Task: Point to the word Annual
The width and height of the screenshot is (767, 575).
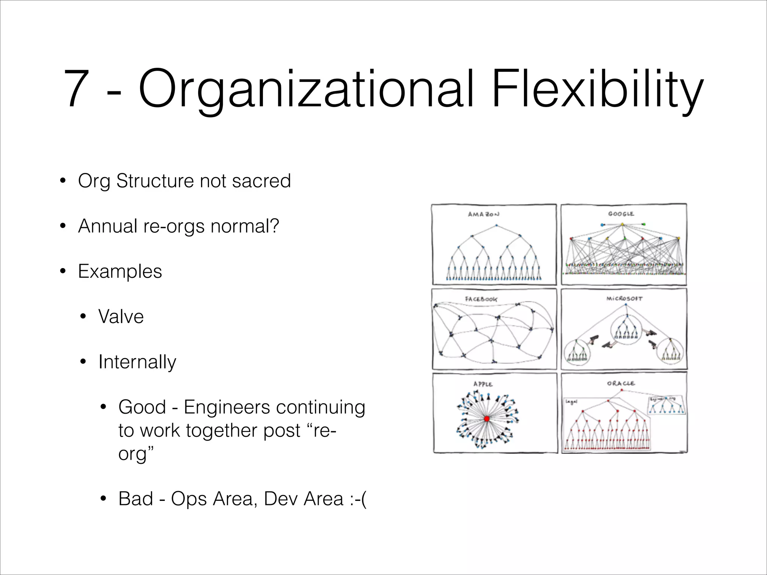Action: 107,226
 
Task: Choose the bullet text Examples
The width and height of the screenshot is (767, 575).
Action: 120,271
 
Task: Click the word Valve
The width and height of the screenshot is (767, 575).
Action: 121,317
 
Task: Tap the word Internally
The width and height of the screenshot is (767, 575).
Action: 137,362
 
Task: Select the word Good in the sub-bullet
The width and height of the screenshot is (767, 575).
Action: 142,407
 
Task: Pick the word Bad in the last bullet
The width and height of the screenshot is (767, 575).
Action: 136,499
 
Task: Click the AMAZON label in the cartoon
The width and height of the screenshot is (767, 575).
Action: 483,214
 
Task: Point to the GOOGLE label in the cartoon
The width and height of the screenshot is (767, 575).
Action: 621,214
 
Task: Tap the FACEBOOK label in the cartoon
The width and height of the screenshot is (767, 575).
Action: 481,299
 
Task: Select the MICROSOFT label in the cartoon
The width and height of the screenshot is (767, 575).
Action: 624,299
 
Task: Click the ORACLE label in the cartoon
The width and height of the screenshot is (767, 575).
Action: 621,383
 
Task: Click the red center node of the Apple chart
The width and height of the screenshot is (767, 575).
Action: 486,419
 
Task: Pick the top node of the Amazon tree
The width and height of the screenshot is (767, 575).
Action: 496,225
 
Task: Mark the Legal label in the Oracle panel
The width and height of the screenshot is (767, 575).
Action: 572,402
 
